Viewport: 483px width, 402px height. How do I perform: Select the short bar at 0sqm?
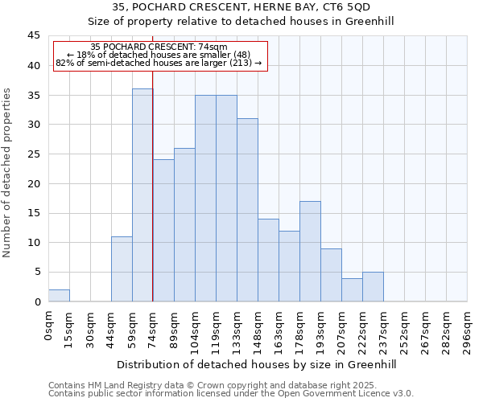click(59, 296)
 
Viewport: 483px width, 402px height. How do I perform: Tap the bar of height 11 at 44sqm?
click(122, 269)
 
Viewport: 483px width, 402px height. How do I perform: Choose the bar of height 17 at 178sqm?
click(310, 252)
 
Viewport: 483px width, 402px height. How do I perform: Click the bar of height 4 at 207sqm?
click(352, 290)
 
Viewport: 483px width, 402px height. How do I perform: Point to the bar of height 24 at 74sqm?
click(163, 231)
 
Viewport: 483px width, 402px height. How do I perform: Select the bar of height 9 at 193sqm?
click(331, 275)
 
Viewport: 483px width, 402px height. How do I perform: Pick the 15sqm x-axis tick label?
click(70, 328)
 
